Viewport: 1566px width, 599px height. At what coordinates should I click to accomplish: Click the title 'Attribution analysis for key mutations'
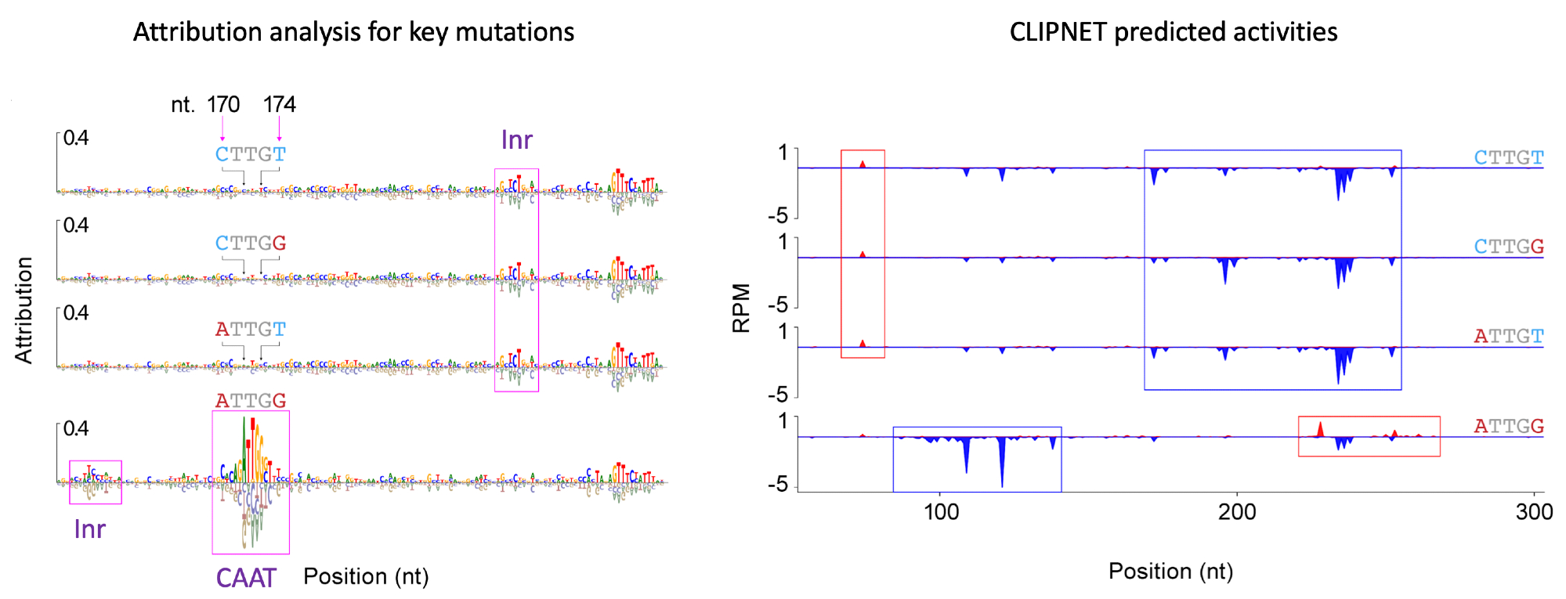(x=353, y=32)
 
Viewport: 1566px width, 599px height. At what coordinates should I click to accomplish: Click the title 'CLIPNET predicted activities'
(x=1173, y=32)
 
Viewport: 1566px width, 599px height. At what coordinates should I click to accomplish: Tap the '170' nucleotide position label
(x=223, y=104)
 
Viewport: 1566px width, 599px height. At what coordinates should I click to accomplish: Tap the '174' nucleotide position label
(x=280, y=104)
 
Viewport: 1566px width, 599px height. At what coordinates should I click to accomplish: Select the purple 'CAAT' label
(x=246, y=578)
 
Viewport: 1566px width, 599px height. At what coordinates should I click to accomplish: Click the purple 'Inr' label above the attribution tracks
(x=516, y=140)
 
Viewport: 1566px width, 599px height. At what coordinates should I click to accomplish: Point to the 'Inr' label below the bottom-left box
(x=89, y=529)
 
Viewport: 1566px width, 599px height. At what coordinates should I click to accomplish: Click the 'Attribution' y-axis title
(x=24, y=310)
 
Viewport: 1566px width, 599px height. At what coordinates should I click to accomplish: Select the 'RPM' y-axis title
(x=741, y=309)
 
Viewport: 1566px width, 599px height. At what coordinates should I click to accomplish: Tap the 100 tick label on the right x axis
(x=941, y=512)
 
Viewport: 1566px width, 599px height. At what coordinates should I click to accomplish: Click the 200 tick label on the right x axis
(x=1237, y=512)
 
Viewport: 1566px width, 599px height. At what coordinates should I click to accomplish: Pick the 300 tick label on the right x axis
(x=1534, y=512)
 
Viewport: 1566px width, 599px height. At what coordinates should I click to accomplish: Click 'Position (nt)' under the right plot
(x=1170, y=572)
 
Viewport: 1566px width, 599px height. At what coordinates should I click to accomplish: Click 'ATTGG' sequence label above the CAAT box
(x=251, y=401)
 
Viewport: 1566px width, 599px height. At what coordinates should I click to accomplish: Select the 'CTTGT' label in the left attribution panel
(x=251, y=154)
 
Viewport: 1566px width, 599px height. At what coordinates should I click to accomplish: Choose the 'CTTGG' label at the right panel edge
(x=1509, y=247)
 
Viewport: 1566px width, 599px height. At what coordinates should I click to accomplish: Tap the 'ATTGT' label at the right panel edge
(x=1509, y=337)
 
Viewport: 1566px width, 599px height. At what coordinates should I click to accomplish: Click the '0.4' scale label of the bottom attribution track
(x=76, y=428)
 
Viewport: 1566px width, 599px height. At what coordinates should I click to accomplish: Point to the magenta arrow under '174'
(x=280, y=128)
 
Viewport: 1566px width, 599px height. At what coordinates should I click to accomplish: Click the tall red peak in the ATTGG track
(x=1320, y=429)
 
